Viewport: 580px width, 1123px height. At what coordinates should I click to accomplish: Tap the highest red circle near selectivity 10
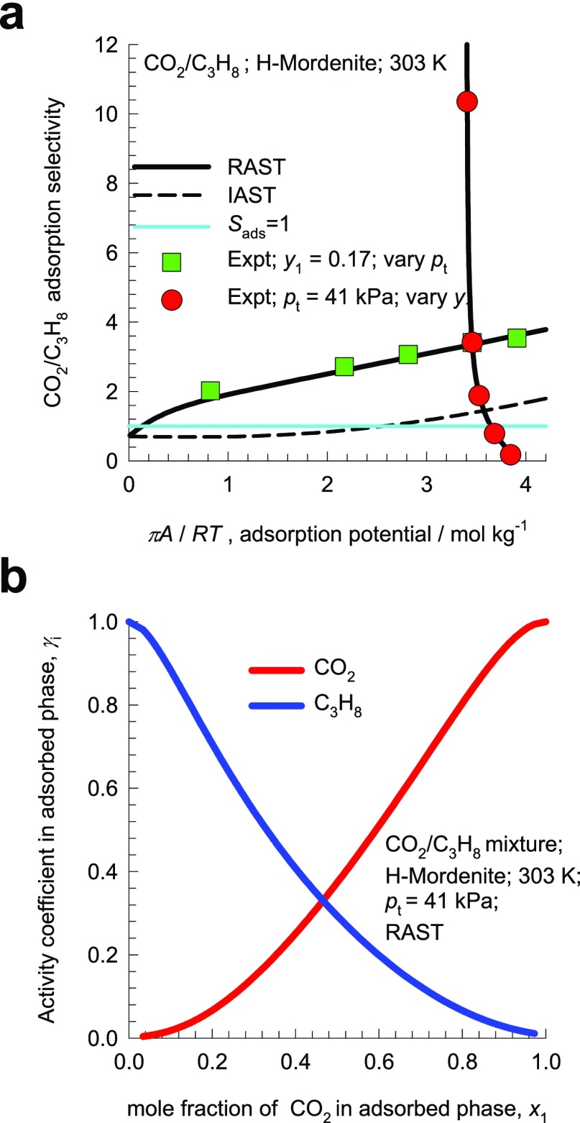[x=467, y=101]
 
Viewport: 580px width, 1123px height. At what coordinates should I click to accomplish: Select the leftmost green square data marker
[x=210, y=390]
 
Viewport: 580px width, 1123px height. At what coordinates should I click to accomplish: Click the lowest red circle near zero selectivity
[x=510, y=454]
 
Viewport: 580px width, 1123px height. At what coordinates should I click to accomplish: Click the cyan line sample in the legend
[x=172, y=226]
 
